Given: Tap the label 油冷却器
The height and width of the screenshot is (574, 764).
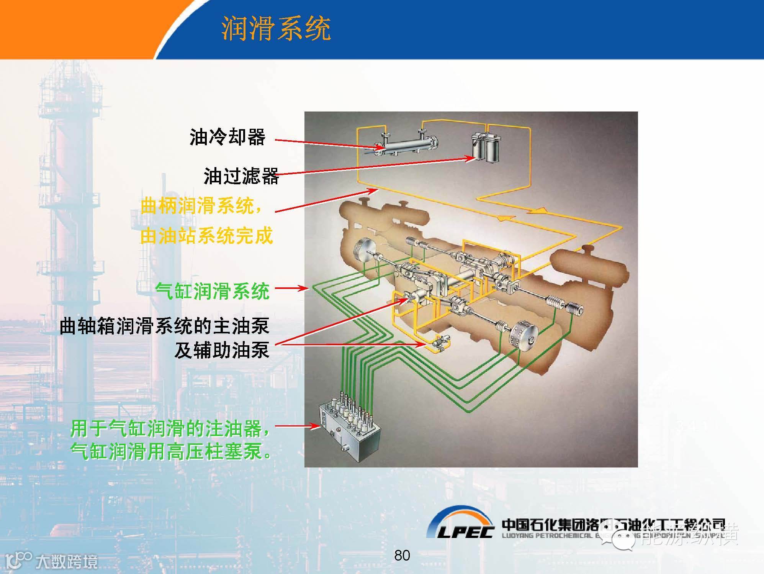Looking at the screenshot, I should [x=227, y=137].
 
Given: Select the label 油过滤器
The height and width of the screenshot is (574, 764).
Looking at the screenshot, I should [x=241, y=176].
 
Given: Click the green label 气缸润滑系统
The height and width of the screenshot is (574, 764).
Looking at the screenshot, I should [x=213, y=291].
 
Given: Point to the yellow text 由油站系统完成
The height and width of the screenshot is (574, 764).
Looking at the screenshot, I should [x=206, y=236].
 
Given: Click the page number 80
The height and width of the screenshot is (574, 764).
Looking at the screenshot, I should [x=402, y=555].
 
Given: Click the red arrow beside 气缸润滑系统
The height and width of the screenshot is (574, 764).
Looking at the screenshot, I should [x=291, y=288].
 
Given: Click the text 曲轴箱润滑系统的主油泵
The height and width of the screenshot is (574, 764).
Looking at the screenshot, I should [x=165, y=326].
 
